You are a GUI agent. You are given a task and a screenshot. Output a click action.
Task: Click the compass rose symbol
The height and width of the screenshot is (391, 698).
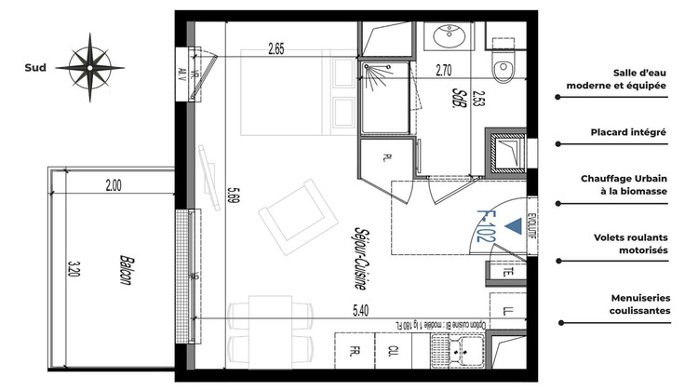[90, 67]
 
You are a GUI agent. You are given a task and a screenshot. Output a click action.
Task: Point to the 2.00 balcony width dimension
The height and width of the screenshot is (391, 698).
[113, 185]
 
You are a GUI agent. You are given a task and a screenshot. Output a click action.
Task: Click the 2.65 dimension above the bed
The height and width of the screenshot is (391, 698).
[275, 49]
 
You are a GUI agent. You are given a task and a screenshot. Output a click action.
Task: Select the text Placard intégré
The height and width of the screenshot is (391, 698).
[628, 133]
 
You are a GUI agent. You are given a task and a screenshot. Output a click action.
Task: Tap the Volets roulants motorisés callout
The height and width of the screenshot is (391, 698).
[628, 244]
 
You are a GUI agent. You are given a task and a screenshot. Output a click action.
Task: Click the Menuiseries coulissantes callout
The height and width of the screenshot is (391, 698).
[628, 303]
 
